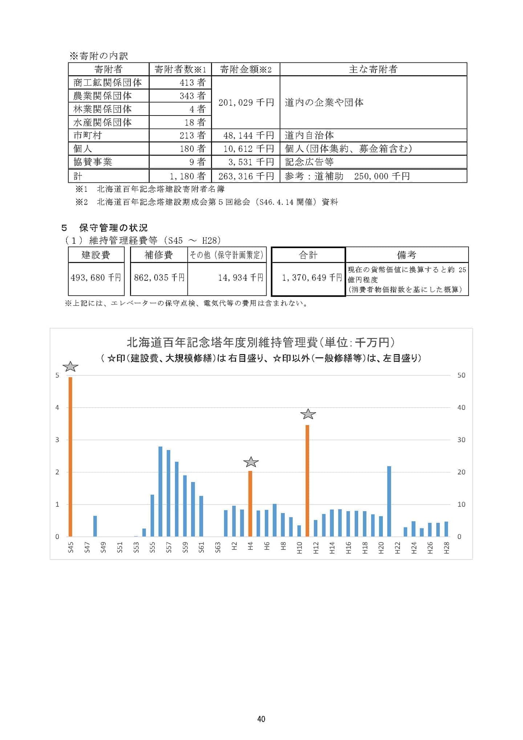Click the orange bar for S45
70,457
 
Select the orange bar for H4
250,504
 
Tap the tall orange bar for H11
307,481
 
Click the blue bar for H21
389,501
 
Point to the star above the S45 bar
70,367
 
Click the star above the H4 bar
251,462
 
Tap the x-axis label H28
447,547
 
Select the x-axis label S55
153,547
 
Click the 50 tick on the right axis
461,375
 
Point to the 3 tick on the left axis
57,440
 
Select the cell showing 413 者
192,82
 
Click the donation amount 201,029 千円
246,102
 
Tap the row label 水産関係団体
102,122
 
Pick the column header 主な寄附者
373,69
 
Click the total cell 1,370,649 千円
312,278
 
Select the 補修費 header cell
159,255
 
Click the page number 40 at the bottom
261,719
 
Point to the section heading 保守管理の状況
113,228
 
